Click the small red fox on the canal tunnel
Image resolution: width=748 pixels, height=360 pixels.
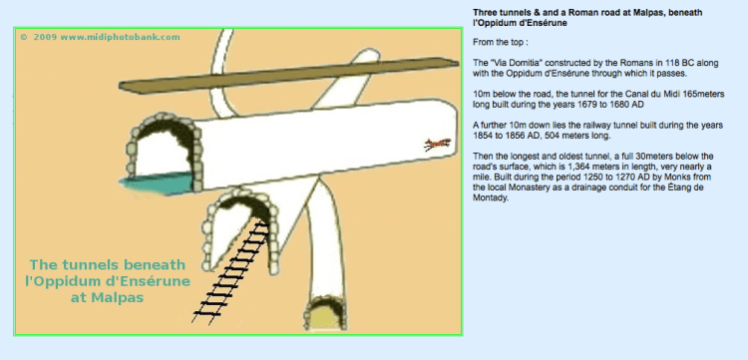[438, 144]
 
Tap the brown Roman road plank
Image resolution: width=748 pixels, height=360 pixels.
[288, 75]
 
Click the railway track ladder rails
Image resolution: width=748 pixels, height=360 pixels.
[234, 272]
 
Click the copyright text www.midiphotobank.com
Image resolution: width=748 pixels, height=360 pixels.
[121, 37]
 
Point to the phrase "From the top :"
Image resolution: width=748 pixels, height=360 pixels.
[501, 42]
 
